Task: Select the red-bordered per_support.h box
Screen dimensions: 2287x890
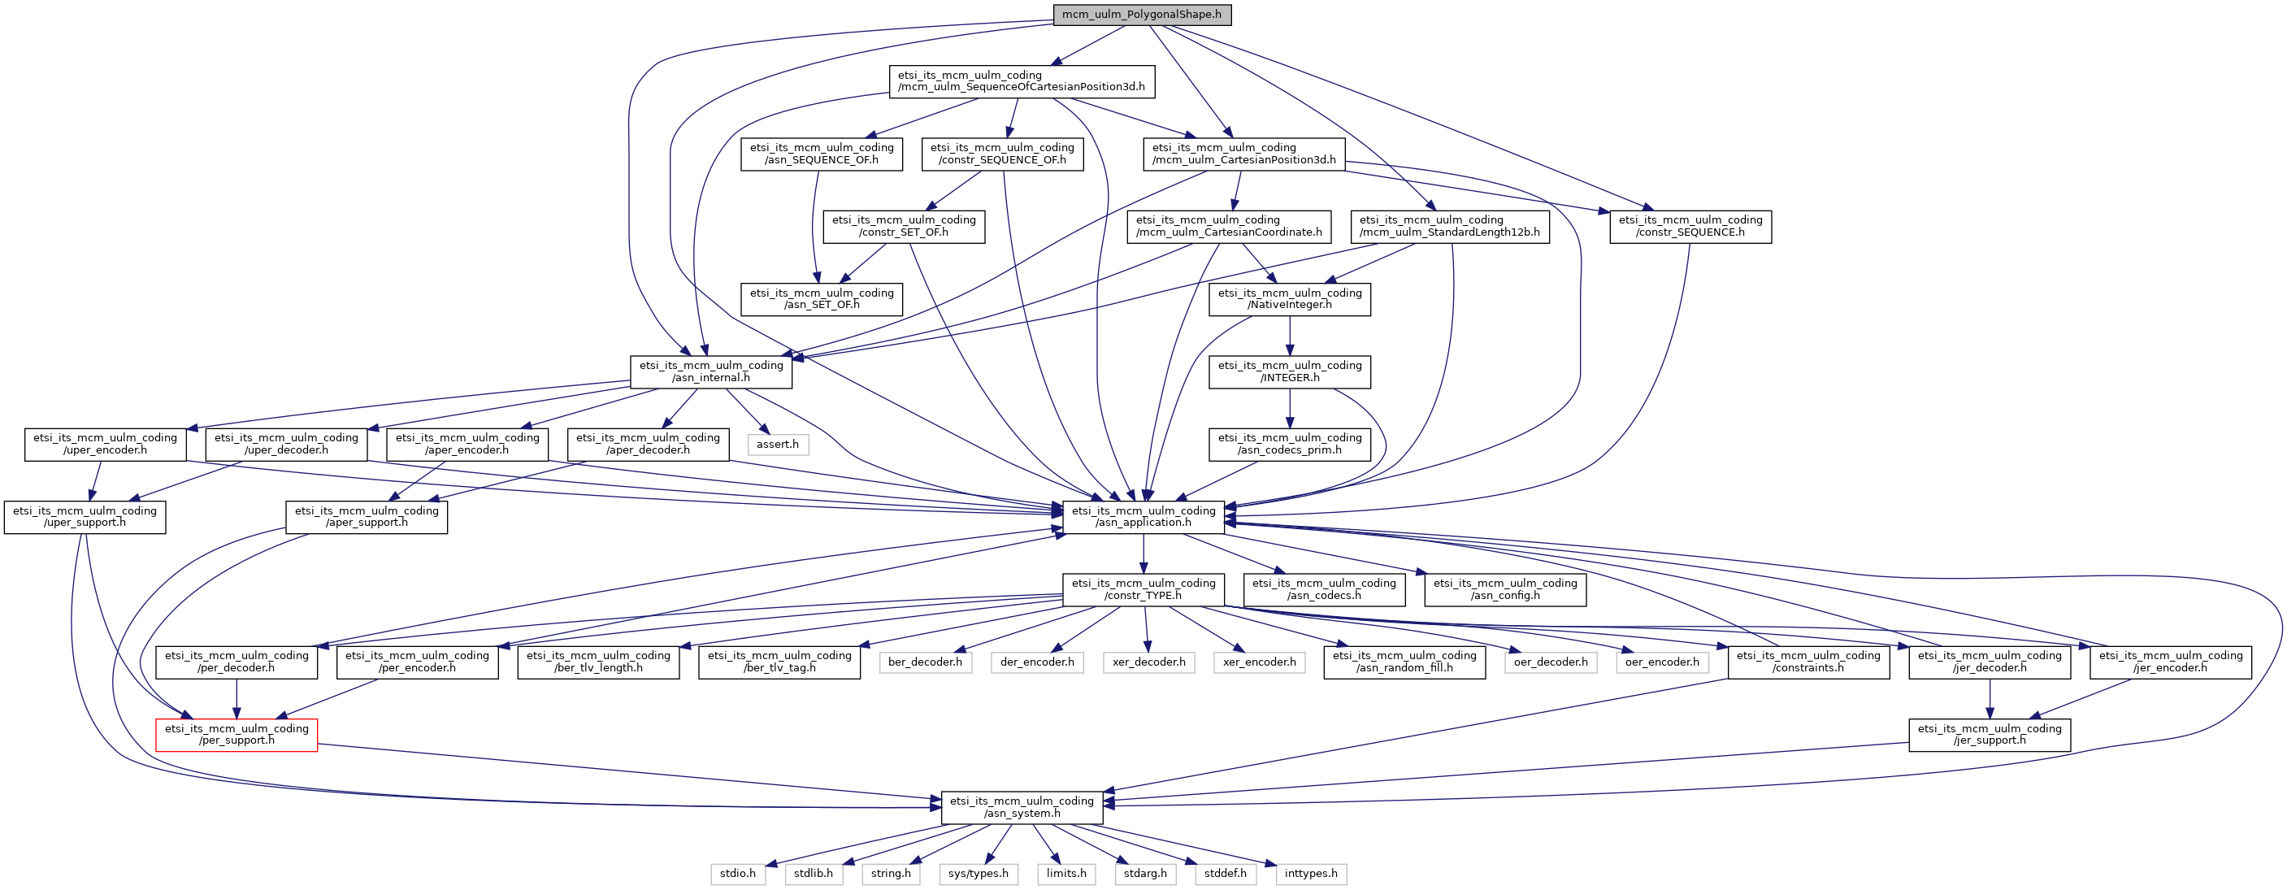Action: (237, 735)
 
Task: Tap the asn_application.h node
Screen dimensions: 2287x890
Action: (1143, 517)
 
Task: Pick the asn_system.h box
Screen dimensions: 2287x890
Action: (1022, 807)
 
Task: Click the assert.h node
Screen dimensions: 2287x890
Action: (778, 444)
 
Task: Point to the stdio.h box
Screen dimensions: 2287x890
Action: (738, 874)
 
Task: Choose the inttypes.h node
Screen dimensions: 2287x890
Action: (1311, 874)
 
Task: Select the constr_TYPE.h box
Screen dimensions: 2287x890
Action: (1143, 590)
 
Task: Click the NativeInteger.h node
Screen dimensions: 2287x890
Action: (1290, 299)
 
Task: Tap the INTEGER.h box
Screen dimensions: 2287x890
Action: (1290, 372)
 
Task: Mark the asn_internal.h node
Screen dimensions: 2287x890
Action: (711, 372)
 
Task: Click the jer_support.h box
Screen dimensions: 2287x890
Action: (1990, 735)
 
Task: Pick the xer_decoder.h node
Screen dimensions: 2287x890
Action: (1149, 662)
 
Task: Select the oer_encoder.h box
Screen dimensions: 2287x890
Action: (1662, 662)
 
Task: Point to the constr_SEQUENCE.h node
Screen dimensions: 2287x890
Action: (1690, 227)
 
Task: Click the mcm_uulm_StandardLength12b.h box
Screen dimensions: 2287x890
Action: (1450, 227)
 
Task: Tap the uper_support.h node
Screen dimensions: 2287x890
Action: (85, 517)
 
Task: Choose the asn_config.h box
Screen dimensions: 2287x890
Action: (1506, 590)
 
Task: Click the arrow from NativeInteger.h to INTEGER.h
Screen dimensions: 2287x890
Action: (1290, 336)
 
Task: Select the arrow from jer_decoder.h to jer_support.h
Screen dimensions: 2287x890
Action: (1990, 699)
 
